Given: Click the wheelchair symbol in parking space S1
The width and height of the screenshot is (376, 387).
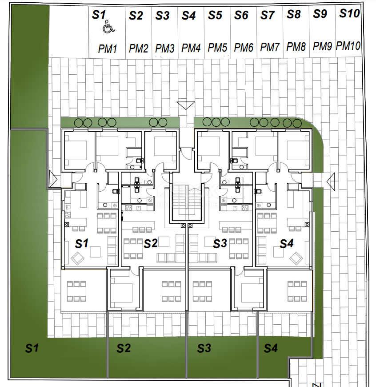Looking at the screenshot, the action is [108, 27].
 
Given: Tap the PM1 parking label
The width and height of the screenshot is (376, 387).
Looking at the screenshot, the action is [107, 48].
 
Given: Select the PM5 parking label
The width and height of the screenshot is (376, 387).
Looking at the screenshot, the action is [217, 48].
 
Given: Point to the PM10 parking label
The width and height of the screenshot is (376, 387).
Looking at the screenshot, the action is [348, 46].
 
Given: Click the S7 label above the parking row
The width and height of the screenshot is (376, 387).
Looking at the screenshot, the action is [267, 15].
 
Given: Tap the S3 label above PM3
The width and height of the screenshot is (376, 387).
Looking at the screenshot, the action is [162, 16].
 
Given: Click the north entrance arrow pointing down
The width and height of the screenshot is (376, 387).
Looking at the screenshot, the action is [186, 105].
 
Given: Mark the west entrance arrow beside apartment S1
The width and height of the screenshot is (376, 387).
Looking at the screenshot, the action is [53, 179].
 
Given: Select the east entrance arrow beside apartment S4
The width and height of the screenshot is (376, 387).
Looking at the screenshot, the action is [331, 181].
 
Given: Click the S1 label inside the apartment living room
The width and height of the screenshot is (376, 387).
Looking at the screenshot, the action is [82, 244].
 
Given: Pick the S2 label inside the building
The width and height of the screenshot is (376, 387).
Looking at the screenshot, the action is [151, 244].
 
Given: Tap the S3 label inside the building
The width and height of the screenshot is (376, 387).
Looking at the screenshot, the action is [220, 244].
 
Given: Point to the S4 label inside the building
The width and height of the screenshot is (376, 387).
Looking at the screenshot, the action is [287, 244].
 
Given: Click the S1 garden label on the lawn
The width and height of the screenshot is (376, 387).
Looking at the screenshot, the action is [32, 348].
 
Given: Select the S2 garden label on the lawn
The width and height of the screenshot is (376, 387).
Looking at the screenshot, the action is [124, 348].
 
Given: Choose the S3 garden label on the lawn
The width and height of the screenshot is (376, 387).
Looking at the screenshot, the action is [204, 348].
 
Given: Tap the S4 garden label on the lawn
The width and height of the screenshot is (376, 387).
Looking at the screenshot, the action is [271, 348].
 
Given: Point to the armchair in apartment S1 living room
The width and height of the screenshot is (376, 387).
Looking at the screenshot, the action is [78, 258].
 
